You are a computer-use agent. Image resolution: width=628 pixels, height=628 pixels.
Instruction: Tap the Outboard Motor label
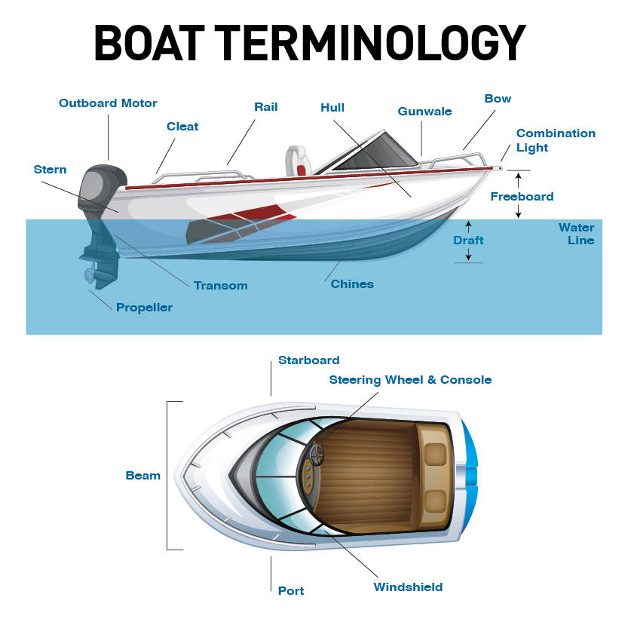click(108, 103)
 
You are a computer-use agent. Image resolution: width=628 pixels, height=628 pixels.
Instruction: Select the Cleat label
click(182, 127)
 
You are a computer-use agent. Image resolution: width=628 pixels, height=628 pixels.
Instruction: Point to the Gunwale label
click(424, 112)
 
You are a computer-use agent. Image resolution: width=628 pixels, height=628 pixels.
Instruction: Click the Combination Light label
click(556, 140)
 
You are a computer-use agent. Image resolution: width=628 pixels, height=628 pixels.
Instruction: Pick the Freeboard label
click(522, 197)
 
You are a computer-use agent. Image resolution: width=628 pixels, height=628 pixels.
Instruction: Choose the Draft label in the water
click(468, 240)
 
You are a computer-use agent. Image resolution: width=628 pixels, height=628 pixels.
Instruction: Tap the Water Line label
click(576, 234)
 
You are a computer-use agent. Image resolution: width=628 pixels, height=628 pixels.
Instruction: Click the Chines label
click(352, 284)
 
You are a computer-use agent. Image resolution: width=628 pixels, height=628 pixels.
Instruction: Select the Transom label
click(220, 286)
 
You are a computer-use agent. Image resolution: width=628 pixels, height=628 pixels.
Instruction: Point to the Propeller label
click(144, 308)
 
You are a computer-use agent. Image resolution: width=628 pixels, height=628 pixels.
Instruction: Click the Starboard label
click(308, 360)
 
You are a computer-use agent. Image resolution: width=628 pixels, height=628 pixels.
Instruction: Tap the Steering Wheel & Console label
click(410, 380)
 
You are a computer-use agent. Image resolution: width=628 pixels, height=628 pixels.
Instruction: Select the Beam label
click(142, 476)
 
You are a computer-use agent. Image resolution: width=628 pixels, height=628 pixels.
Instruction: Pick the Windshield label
click(408, 587)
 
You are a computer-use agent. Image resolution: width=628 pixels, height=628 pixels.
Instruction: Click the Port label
click(291, 590)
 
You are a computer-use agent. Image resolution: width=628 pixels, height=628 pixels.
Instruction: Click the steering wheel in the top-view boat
click(315, 455)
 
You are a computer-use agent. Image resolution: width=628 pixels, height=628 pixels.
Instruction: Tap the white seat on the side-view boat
click(295, 160)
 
